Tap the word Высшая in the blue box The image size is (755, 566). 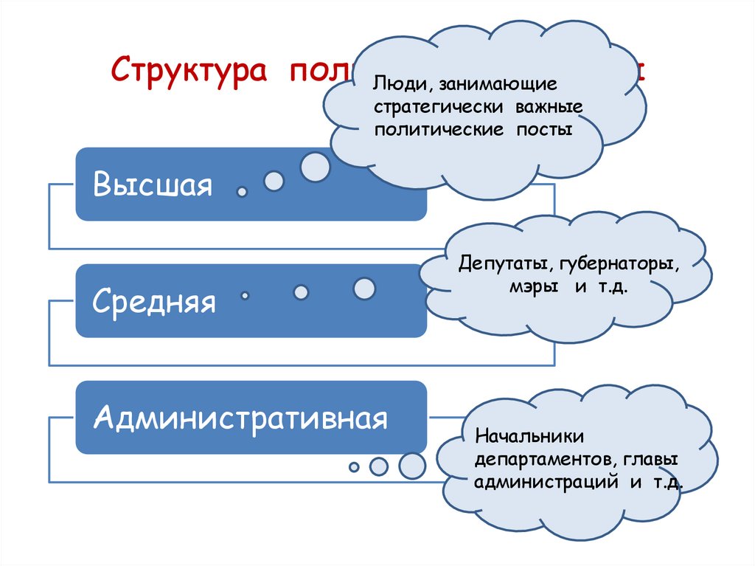coord(153,185)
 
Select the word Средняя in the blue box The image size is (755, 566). coord(155,302)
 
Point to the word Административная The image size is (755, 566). coord(240,418)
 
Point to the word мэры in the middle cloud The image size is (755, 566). coord(532,286)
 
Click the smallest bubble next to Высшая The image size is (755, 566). coord(241,192)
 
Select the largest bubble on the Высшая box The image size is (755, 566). coord(316,168)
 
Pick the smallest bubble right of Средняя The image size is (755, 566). coord(245,295)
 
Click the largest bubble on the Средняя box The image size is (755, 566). coord(364,289)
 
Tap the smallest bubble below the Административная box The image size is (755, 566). coord(354,467)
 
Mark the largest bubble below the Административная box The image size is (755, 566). coord(412,465)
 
